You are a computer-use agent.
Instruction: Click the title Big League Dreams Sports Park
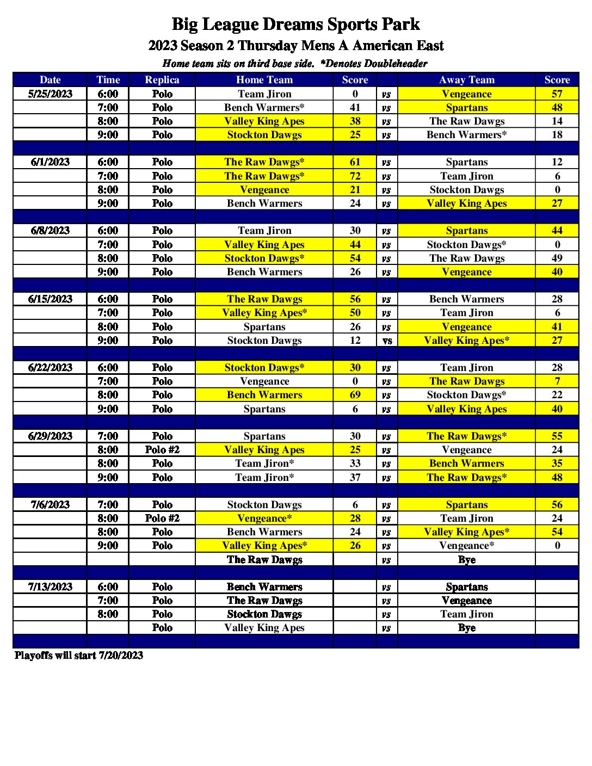pos(295,24)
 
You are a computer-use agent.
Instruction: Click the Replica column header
pos(162,80)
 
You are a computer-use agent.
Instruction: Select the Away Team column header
pos(466,80)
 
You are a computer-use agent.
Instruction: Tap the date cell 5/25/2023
pos(50,94)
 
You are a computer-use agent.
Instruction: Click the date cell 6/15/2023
pos(50,299)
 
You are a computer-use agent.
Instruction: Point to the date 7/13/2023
pos(50,587)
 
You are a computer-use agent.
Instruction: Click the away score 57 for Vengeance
pos(557,94)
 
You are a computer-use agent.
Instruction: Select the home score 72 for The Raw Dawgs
pos(355,176)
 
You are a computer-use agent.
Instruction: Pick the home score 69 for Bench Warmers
pos(355,395)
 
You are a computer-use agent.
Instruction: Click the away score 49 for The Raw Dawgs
pos(557,258)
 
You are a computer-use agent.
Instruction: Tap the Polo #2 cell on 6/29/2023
pos(162,450)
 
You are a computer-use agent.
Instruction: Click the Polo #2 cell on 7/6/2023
pos(162,518)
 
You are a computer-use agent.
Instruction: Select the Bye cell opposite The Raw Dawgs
pos(466,560)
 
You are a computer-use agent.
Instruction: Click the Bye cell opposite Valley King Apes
pos(466,628)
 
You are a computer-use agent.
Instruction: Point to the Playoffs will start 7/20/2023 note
pos(79,656)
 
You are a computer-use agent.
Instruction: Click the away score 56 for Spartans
pos(557,505)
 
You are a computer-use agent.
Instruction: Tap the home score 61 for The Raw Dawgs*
pos(355,162)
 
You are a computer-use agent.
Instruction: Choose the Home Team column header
pos(264,80)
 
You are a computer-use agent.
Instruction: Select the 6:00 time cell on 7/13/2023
pos(108,587)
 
